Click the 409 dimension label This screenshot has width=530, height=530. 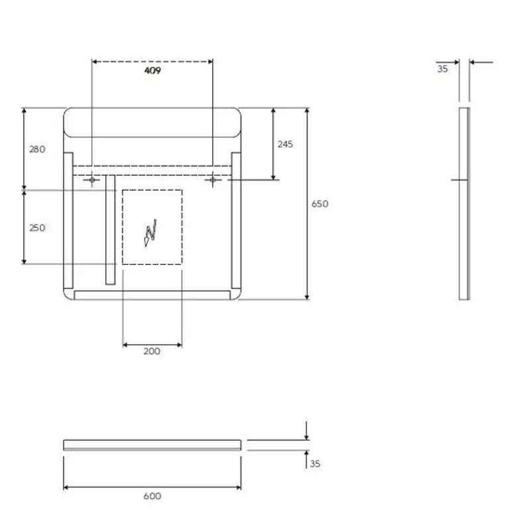[x=152, y=70]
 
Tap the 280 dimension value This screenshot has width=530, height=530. [x=37, y=149]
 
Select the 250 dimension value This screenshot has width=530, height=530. [x=37, y=227]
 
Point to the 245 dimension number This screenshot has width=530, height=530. [x=286, y=144]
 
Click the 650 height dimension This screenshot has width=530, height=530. [x=320, y=203]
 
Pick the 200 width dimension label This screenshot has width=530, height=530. [x=152, y=351]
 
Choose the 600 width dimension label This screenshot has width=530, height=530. [x=152, y=496]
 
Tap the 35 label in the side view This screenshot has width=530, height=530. [x=443, y=69]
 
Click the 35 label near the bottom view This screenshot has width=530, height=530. [x=315, y=463]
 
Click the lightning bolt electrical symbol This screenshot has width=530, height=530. [x=151, y=233]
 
